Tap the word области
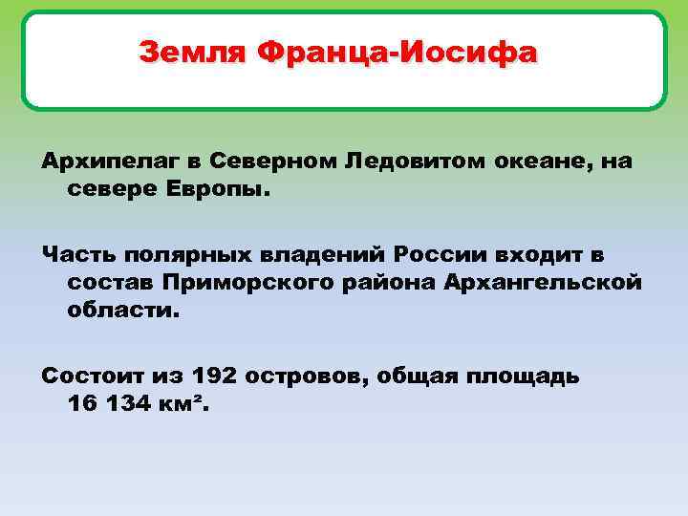click(x=123, y=312)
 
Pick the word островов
click(x=305, y=376)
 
